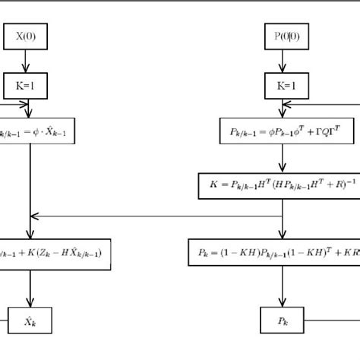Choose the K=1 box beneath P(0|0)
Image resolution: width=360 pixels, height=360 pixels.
pos(282,86)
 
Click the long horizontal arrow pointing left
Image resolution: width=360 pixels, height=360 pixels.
pos(152,216)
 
